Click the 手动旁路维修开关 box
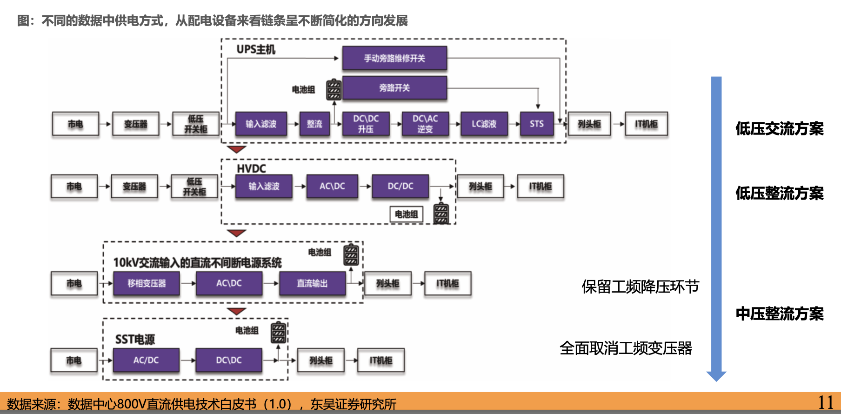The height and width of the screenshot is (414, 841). click(x=394, y=58)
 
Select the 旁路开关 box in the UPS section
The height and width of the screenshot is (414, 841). click(x=394, y=87)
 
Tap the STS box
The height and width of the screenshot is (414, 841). click(x=537, y=124)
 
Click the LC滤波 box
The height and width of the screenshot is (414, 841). click(x=484, y=124)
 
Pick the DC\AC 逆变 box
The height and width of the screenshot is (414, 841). click(x=425, y=124)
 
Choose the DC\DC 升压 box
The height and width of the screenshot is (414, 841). click(x=366, y=124)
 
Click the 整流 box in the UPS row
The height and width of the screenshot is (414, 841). click(x=314, y=124)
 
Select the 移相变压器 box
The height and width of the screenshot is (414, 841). click(x=147, y=283)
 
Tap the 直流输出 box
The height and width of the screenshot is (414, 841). click(x=312, y=283)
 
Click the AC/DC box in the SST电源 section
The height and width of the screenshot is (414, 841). click(x=146, y=360)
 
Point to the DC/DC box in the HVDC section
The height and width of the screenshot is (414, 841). click(x=400, y=186)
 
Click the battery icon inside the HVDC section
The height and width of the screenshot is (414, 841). click(x=441, y=214)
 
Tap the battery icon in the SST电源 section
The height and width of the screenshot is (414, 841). click(x=278, y=333)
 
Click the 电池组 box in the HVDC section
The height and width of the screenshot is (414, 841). click(x=406, y=214)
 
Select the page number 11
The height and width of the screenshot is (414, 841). click(x=826, y=402)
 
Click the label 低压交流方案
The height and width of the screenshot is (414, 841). click(x=779, y=128)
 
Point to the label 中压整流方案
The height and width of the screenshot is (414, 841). click(x=779, y=314)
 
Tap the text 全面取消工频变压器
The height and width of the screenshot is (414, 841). click(x=626, y=348)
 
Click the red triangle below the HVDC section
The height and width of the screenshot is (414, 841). click(x=237, y=233)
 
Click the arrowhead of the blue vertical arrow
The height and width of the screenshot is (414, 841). click(x=716, y=376)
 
